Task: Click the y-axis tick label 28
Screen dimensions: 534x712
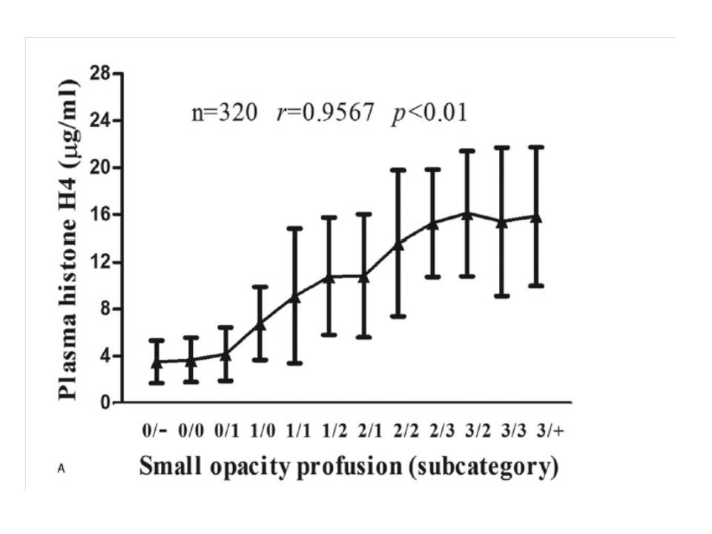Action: coord(101,73)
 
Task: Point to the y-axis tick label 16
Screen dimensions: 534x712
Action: coord(101,214)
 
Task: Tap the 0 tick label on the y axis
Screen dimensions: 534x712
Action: coord(105,403)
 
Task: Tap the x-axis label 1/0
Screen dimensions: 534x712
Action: coord(260,430)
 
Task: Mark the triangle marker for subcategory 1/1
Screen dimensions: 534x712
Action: coord(295,297)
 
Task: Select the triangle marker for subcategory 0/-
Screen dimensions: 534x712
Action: coord(156,363)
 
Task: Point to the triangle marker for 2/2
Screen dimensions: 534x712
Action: coord(399,244)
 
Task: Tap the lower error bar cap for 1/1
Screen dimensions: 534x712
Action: coord(295,363)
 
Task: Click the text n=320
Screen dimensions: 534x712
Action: coord(225,113)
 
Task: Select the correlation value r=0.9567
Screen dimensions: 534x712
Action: coord(325,113)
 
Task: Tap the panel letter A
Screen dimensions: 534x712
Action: coord(60,468)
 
